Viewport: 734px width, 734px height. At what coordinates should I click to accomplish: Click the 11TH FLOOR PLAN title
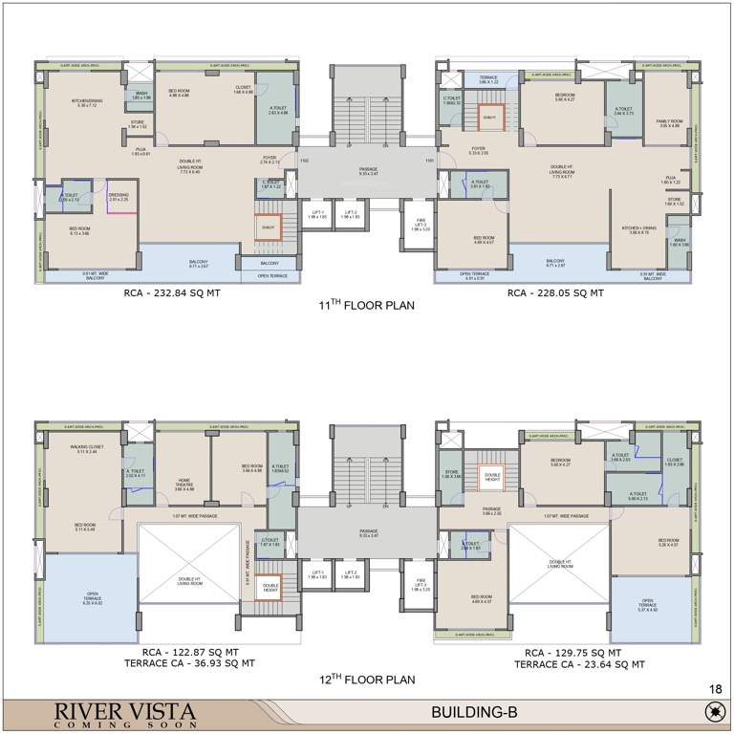tap(367, 307)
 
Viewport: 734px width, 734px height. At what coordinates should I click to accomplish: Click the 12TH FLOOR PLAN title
tap(367, 680)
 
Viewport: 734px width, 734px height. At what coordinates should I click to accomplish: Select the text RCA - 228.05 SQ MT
tap(555, 293)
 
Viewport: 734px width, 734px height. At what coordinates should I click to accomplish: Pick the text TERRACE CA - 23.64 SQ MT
tap(579, 662)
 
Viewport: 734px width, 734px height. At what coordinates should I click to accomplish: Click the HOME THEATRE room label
tap(183, 484)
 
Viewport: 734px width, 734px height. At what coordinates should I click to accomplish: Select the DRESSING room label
tap(119, 196)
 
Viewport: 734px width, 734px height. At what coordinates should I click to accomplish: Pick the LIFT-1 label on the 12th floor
tap(315, 575)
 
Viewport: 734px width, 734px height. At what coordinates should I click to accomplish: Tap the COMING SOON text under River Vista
tap(111, 724)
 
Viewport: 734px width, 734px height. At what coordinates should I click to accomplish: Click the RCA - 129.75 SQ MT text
tap(579, 650)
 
